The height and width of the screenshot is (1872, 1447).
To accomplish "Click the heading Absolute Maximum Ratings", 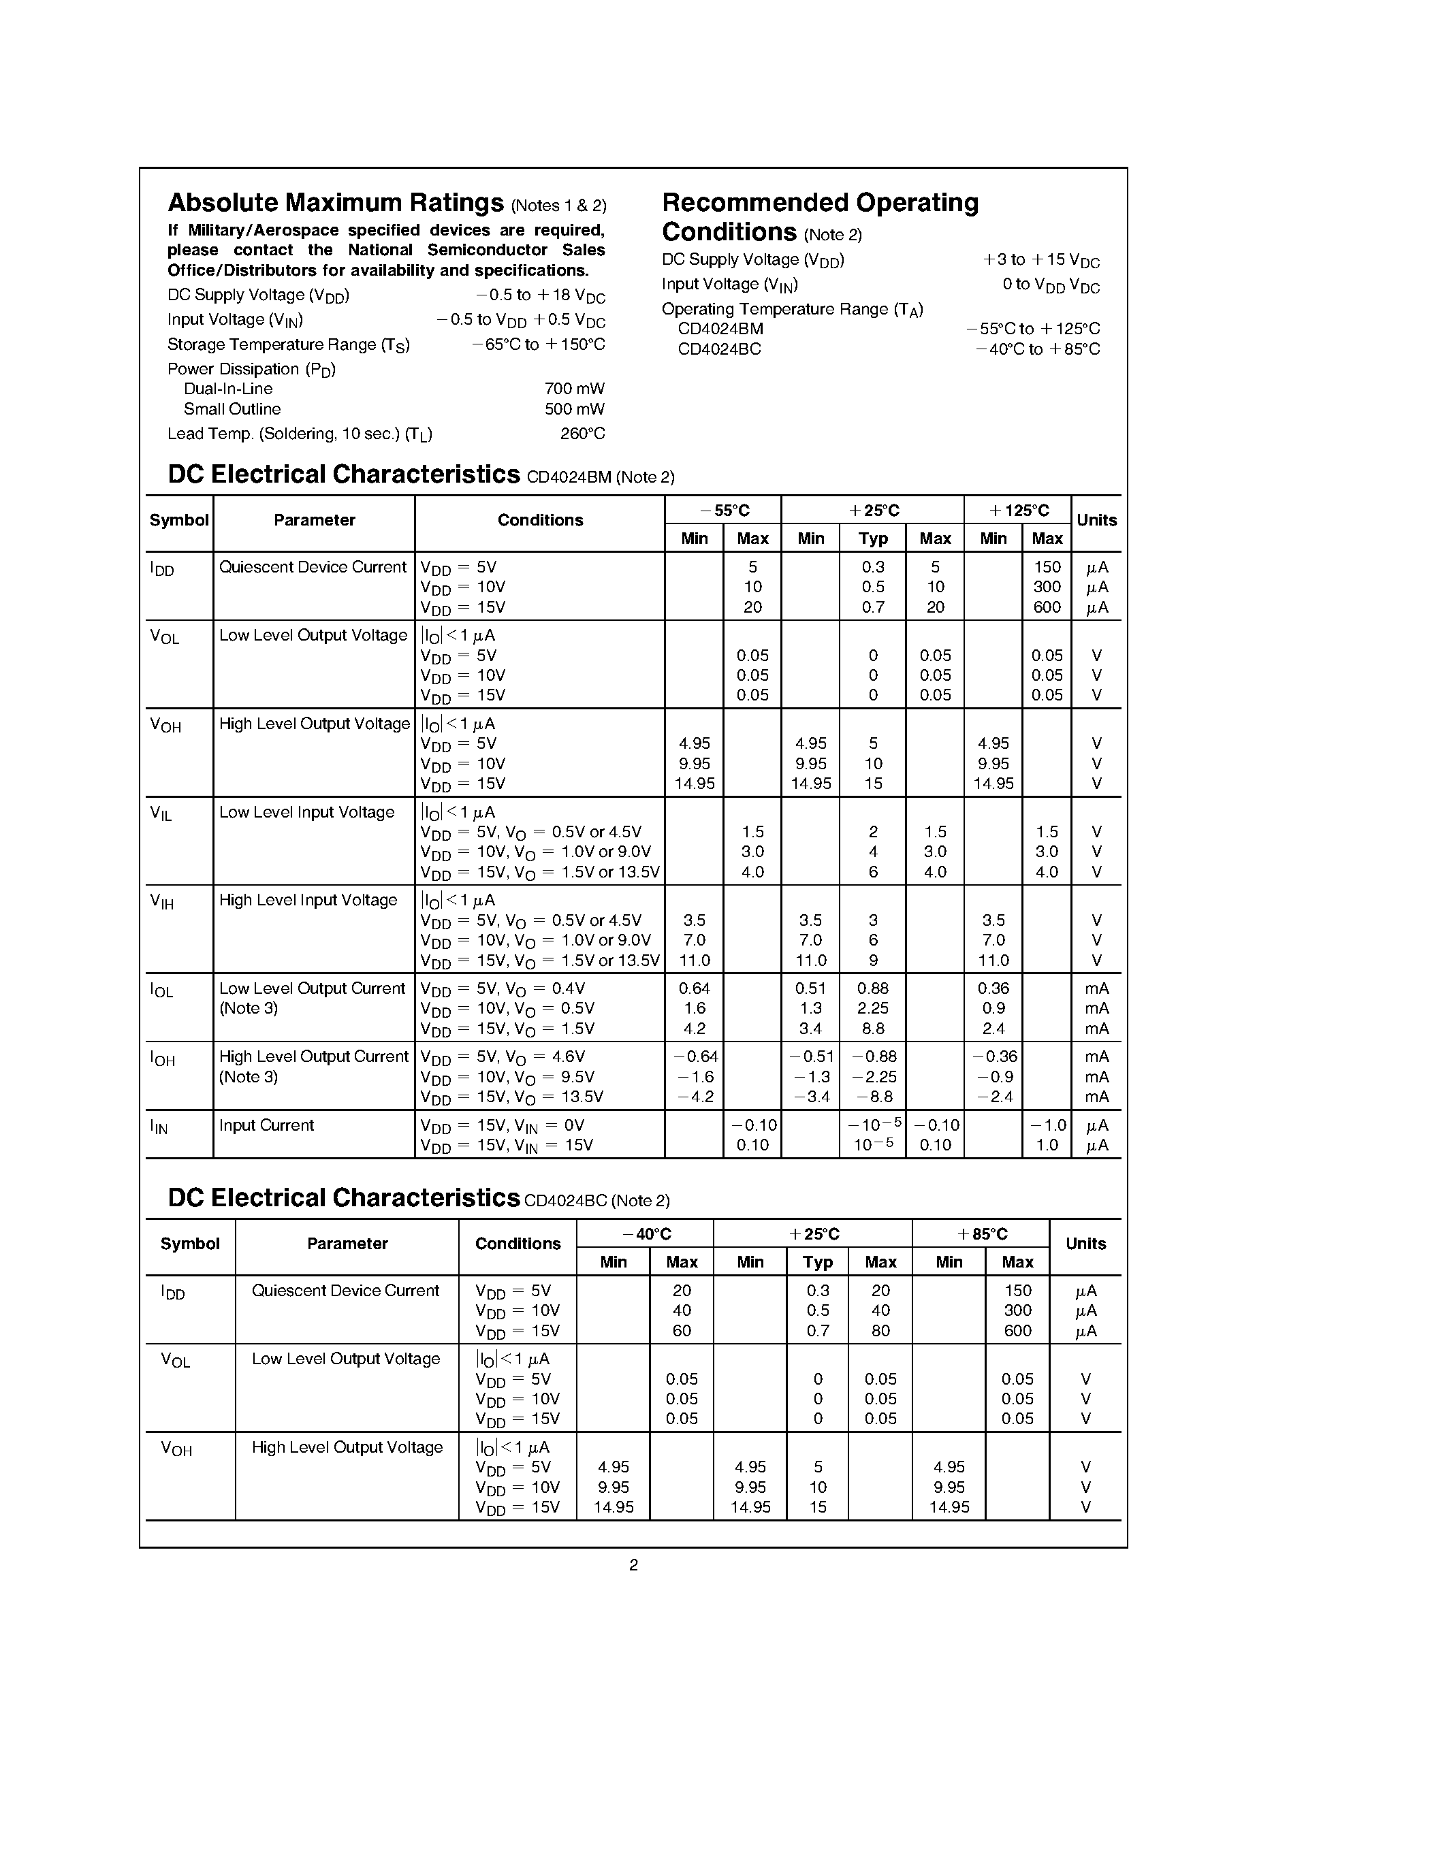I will coord(335,203).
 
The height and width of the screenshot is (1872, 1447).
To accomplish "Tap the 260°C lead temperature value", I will coord(582,434).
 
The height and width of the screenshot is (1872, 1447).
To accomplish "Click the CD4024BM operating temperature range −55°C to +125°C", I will coord(1032,329).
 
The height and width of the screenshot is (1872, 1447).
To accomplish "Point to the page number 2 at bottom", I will coord(633,1565).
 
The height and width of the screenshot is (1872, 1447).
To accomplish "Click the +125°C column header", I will coord(1019,511).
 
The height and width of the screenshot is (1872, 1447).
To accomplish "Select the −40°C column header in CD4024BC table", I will coord(646,1234).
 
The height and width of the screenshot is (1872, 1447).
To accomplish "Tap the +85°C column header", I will coord(981,1234).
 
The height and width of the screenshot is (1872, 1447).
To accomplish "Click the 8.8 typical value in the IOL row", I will coord(873,1029).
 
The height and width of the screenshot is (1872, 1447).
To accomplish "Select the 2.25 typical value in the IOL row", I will coord(873,1009).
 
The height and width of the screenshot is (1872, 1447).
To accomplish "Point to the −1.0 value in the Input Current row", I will coord(1047,1125).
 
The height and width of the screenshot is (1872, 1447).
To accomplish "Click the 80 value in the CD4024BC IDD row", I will coord(880,1331).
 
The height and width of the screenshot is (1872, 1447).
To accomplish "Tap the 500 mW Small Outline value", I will coord(574,410).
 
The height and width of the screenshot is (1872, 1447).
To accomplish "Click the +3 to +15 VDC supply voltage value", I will coord(1040,261).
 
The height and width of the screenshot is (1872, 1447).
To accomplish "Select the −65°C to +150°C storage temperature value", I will coord(539,344).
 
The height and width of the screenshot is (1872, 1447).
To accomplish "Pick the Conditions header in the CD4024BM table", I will coord(540,520).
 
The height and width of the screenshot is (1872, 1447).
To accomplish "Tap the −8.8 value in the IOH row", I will coord(873,1097).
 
